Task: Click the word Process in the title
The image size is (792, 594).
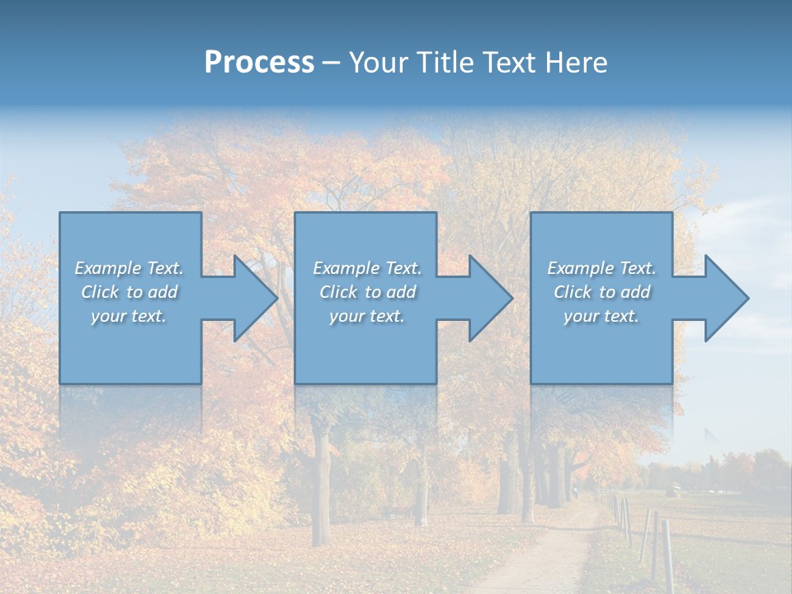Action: pyautogui.click(x=259, y=63)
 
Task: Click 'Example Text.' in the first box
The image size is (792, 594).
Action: pyautogui.click(x=129, y=268)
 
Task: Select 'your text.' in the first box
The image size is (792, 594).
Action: pyautogui.click(x=129, y=316)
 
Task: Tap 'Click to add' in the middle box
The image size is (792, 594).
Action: pyautogui.click(x=367, y=292)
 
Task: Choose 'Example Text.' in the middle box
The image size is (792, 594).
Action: pyautogui.click(x=367, y=268)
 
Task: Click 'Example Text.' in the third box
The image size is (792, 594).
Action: pyautogui.click(x=601, y=268)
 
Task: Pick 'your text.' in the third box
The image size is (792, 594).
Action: pyautogui.click(x=601, y=316)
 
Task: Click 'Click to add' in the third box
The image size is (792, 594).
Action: pyautogui.click(x=601, y=292)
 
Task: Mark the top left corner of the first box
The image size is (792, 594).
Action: pyautogui.click(x=60, y=214)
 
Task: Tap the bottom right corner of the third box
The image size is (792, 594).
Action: pyautogui.click(x=671, y=382)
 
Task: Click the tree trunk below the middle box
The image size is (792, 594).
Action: pyautogui.click(x=321, y=470)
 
